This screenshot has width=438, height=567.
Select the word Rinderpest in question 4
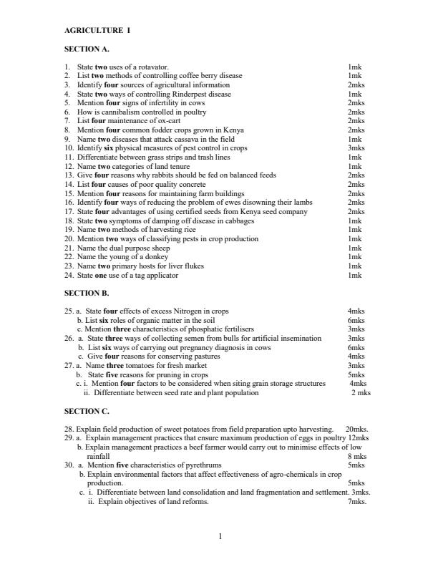184,94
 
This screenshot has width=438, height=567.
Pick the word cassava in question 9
184,139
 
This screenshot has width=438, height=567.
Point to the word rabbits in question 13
165,175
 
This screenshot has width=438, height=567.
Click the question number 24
69,275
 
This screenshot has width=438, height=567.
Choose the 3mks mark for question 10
355,148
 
